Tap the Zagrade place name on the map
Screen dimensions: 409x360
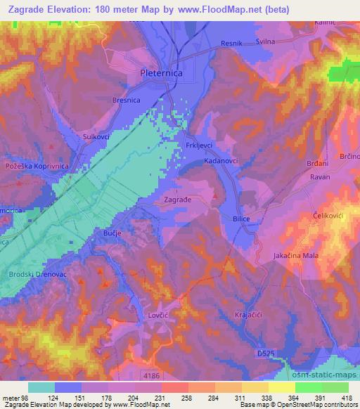click(x=177, y=200)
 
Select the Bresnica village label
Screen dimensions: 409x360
click(x=127, y=100)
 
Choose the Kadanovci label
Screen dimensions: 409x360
click(x=221, y=161)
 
